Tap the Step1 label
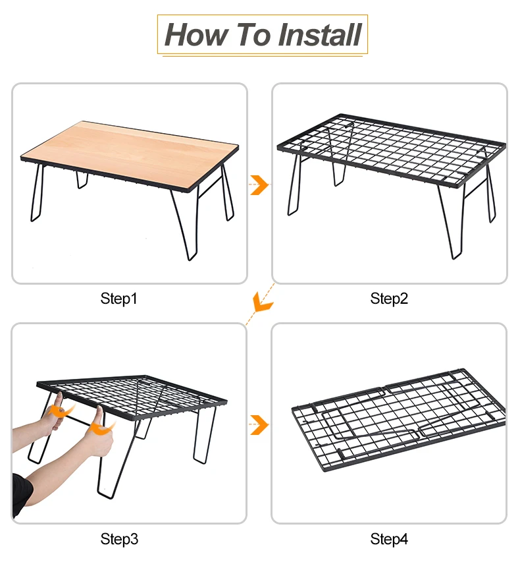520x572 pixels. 118,299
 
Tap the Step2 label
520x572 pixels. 389,299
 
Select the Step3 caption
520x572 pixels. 119,539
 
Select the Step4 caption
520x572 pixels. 389,539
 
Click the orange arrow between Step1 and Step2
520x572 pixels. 259,185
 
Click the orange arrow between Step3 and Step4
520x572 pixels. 259,425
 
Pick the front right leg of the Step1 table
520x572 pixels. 186,223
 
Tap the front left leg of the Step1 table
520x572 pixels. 37,192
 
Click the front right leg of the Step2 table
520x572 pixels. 452,223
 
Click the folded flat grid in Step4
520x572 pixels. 399,420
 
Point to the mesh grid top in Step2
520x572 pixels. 392,150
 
